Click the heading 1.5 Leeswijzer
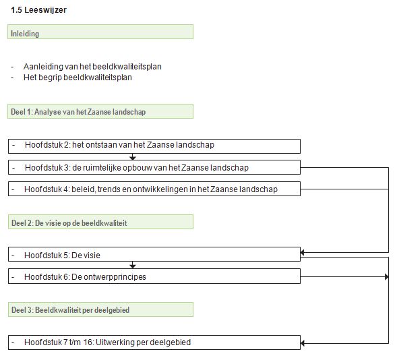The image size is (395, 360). (x=39, y=10)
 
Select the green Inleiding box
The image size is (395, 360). (x=100, y=32)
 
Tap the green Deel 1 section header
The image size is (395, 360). (x=100, y=111)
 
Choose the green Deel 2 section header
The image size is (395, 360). (x=100, y=222)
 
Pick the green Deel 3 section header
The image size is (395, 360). (x=100, y=309)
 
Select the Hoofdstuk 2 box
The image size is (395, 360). (x=154, y=146)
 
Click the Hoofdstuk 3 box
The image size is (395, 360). (x=154, y=167)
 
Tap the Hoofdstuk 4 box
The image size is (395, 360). (x=154, y=189)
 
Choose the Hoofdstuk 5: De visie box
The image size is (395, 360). (x=154, y=254)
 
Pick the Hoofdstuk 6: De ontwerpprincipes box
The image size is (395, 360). (x=154, y=276)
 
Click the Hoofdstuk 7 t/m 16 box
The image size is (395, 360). (x=154, y=342)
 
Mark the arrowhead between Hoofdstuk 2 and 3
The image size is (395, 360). (x=133, y=158)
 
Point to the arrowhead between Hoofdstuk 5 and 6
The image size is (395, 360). (x=133, y=266)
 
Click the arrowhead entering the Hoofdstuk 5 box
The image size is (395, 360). (x=303, y=252)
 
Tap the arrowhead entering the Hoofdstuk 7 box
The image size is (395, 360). (x=303, y=343)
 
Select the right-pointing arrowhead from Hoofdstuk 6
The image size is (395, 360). (x=387, y=277)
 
